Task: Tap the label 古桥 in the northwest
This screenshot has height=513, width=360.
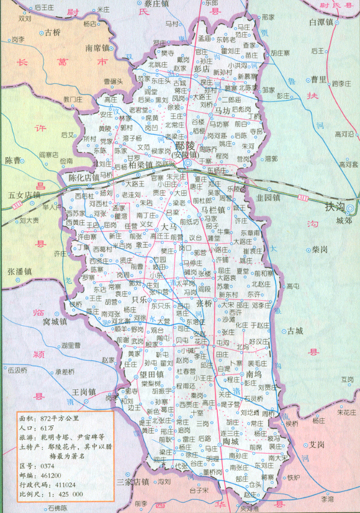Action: click(53, 32)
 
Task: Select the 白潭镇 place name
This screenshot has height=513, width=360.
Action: click(319, 23)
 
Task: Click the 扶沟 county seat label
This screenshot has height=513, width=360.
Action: click(335, 207)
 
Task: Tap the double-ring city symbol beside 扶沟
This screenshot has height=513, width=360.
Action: click(351, 209)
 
